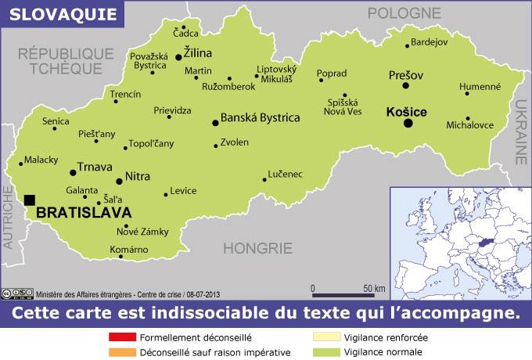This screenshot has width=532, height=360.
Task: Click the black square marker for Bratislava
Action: [30, 200]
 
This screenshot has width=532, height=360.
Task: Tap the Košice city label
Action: [407, 113]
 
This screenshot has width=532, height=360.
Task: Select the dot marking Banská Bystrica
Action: [215, 122]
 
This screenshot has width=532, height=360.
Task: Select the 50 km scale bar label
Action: [374, 287]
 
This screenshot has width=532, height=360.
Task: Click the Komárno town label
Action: [129, 249]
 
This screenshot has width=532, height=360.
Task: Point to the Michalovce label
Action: [469, 124]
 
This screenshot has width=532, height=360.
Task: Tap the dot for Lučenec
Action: [264, 179]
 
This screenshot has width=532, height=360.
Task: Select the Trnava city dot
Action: [72, 171]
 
